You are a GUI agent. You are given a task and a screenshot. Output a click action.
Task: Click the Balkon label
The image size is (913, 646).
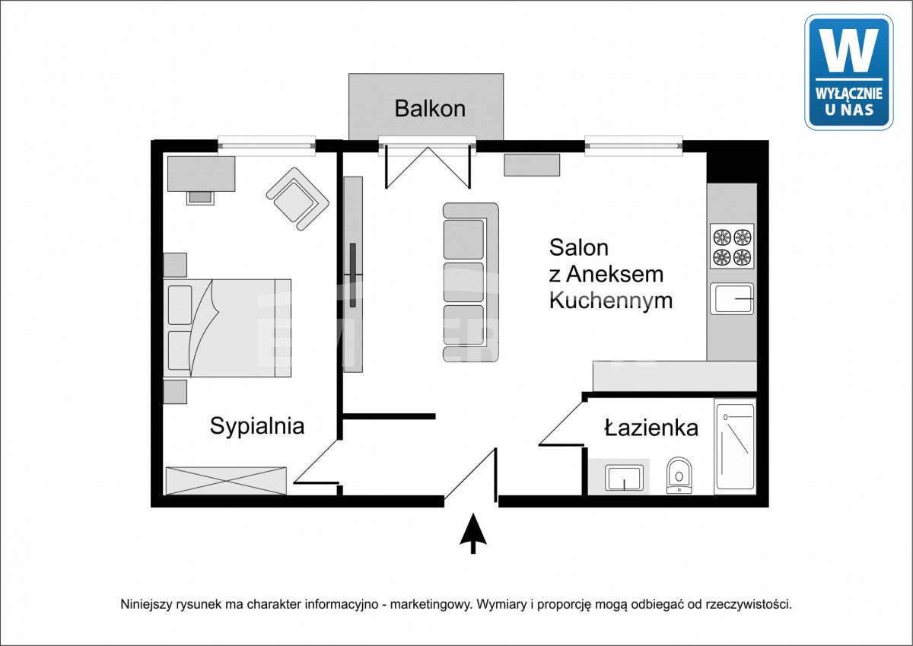coord(430,109)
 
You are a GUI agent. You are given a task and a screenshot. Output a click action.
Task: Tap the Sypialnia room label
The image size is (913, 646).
coord(257,427)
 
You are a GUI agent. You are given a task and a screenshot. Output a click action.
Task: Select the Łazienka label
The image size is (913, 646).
coord(651,428)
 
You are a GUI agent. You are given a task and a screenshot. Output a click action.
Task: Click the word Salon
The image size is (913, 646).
coord(579,247)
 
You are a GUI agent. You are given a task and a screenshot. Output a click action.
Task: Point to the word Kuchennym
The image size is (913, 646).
coord(611,301)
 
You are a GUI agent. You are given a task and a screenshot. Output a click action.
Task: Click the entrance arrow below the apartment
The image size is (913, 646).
coord(473,533)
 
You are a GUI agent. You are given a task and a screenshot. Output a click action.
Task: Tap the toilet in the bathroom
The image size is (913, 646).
coord(679,475)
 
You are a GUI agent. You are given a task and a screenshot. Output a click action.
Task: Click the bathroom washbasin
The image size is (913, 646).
coord(624,478)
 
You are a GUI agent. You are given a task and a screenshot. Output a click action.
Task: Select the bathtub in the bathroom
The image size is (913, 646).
coord(735,447)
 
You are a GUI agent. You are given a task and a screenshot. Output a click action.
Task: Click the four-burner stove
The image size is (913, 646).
coord(732,246)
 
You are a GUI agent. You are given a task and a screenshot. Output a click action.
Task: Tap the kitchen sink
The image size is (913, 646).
coord(732,299)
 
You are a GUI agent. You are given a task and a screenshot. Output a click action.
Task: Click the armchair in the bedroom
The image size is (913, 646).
coord(298,199)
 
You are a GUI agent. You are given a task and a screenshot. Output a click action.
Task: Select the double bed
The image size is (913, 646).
coord(227,328)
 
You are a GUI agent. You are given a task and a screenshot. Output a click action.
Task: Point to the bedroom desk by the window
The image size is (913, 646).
coord(202,173)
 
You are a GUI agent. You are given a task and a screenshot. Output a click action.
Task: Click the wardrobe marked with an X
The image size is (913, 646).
coord(226,481)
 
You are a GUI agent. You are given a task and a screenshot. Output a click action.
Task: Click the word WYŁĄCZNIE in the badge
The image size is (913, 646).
coord(849,94)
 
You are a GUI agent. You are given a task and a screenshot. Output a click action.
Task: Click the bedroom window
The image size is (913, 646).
coord(266,145)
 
